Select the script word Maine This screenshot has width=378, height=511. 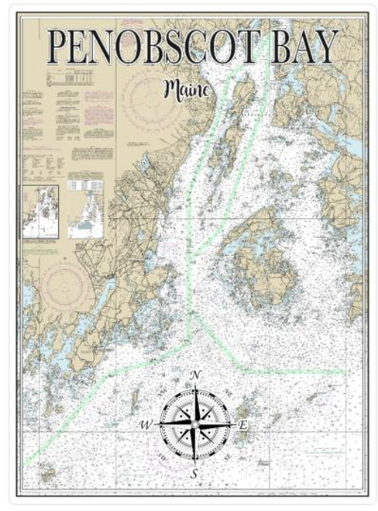coord(187,90)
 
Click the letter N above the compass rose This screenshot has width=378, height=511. coord(195,376)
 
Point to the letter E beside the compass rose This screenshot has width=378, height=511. coord(242,425)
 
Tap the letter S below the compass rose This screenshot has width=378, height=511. coord(195,473)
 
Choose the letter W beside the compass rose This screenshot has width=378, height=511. coord(146,425)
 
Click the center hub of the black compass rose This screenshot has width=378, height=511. coord(195,424)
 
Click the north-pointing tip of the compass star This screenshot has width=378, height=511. coord(195,387)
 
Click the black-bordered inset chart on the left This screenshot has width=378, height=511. coord(40,211)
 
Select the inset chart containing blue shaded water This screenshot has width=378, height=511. coord(85,205)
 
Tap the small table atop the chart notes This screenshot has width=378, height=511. coord(74,78)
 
